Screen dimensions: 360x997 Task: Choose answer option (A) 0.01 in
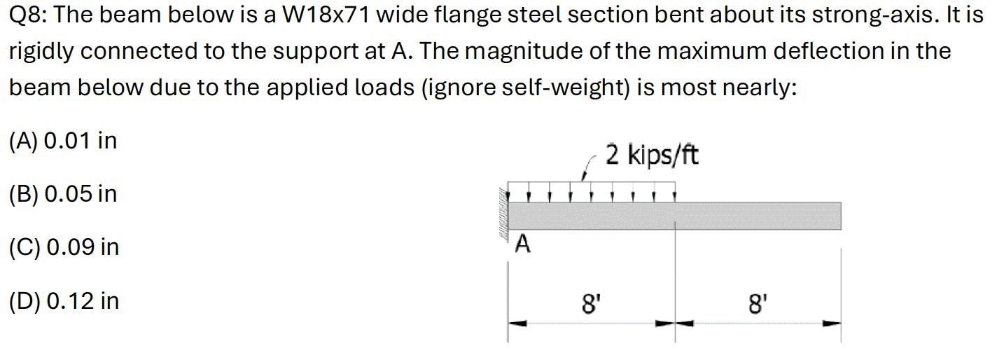tap(62, 141)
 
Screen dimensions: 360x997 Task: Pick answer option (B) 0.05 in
tap(62, 194)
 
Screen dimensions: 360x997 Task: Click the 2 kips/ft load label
tap(651, 156)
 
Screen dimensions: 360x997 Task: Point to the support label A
tap(522, 244)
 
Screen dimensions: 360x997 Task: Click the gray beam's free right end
tap(837, 216)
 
